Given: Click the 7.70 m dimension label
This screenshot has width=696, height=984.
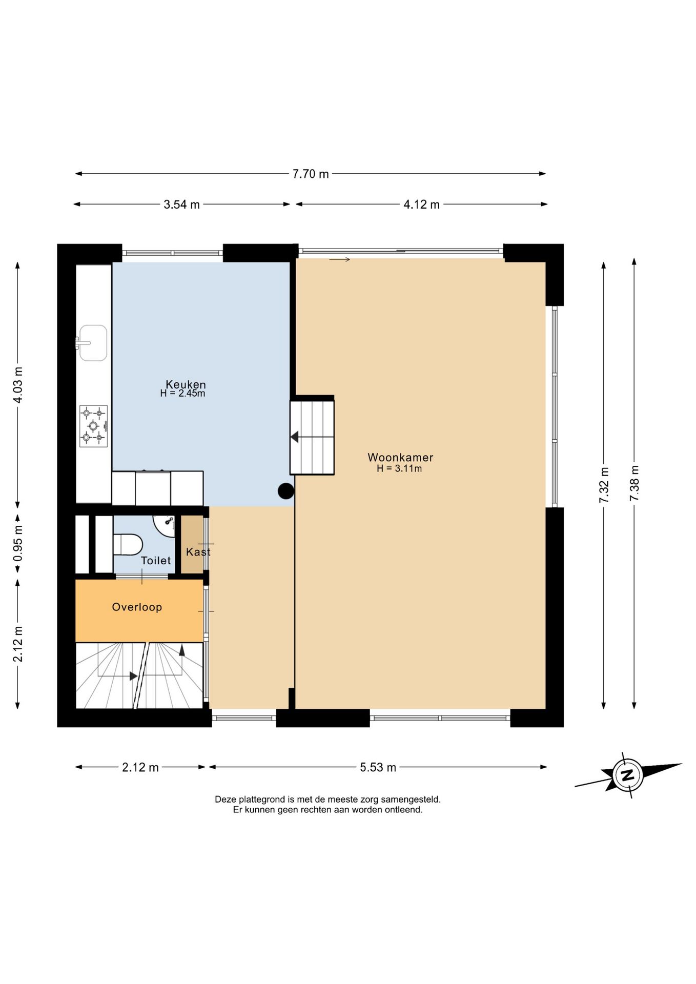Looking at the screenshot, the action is pos(311,174).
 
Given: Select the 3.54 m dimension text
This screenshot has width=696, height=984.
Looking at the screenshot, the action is pos(181,204).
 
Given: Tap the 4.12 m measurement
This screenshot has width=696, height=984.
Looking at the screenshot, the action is pos(421,204).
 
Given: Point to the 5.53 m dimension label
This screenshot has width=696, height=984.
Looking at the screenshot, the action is pos(378,767).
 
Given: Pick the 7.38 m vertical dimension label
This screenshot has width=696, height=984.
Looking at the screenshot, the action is pos(634,483).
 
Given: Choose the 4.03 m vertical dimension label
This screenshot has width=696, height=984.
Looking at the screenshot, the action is pos(18,385).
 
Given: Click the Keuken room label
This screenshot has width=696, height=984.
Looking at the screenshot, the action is pos(186,384).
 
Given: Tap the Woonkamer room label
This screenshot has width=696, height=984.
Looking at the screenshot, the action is pos(400,457).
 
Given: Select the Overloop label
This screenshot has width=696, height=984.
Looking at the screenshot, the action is pos(137,607).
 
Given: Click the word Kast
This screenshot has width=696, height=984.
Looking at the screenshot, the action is pos(198,552).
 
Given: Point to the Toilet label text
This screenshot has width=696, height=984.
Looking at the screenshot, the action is pos(156,561).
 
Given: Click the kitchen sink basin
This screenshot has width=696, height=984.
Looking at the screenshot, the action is pos(93,343).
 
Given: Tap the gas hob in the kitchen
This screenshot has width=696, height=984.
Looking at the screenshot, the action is pos(94,426).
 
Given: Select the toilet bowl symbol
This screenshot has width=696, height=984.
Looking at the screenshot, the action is pos(127,545).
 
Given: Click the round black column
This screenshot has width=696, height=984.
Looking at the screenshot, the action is pos(286,491).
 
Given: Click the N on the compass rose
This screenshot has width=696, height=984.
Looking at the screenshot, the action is pos(627,774).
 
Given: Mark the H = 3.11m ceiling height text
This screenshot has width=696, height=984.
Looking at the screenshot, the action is pos(399,468).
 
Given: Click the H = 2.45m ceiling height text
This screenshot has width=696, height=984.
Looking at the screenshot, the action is pos(182,394).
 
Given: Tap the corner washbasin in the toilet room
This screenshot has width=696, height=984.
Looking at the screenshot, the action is pos(165,524).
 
